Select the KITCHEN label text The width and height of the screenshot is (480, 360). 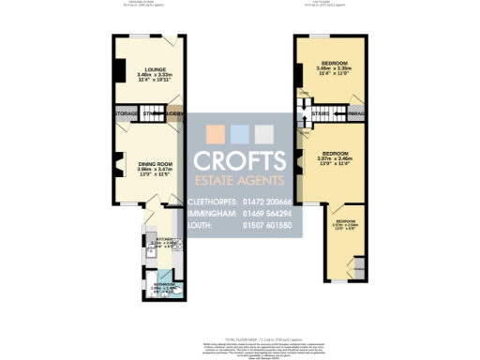tap(155, 240)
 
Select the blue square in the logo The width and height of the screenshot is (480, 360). tap(239, 132)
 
